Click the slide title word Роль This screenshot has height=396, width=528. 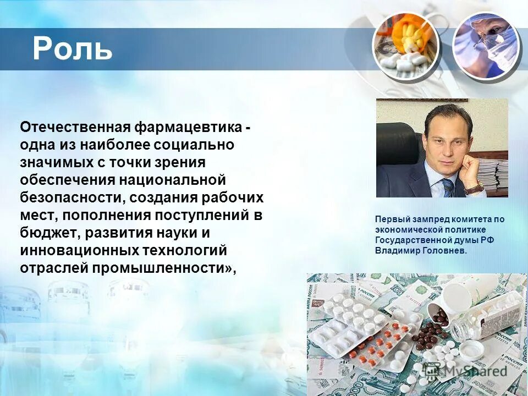coord(72,48)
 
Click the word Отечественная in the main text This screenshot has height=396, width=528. coord(75,128)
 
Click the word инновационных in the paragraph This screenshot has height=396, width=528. coord(79,250)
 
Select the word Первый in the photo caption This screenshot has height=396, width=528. coord(392,219)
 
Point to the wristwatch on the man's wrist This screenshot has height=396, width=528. coord(475,188)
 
